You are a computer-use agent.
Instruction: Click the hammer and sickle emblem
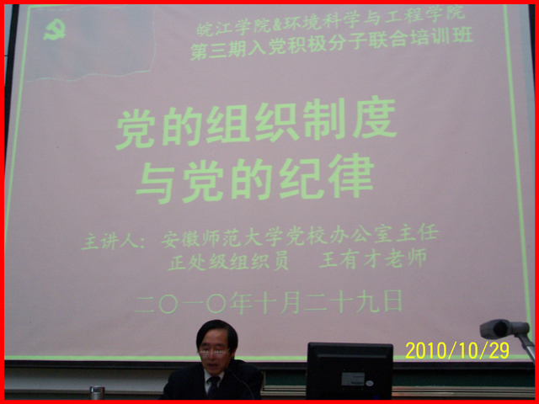point(54,30)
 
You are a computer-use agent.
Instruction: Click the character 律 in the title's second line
point(350,176)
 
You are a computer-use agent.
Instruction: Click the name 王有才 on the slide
point(350,260)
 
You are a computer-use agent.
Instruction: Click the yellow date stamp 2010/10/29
point(457,350)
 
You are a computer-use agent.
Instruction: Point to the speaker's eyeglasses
point(215,352)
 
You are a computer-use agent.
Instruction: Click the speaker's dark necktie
point(213,386)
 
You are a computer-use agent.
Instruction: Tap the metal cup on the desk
point(98,393)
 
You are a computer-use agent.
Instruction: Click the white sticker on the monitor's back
point(353,379)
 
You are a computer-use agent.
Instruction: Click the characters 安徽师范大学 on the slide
point(222,239)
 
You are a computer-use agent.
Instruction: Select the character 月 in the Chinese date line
point(290,303)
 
